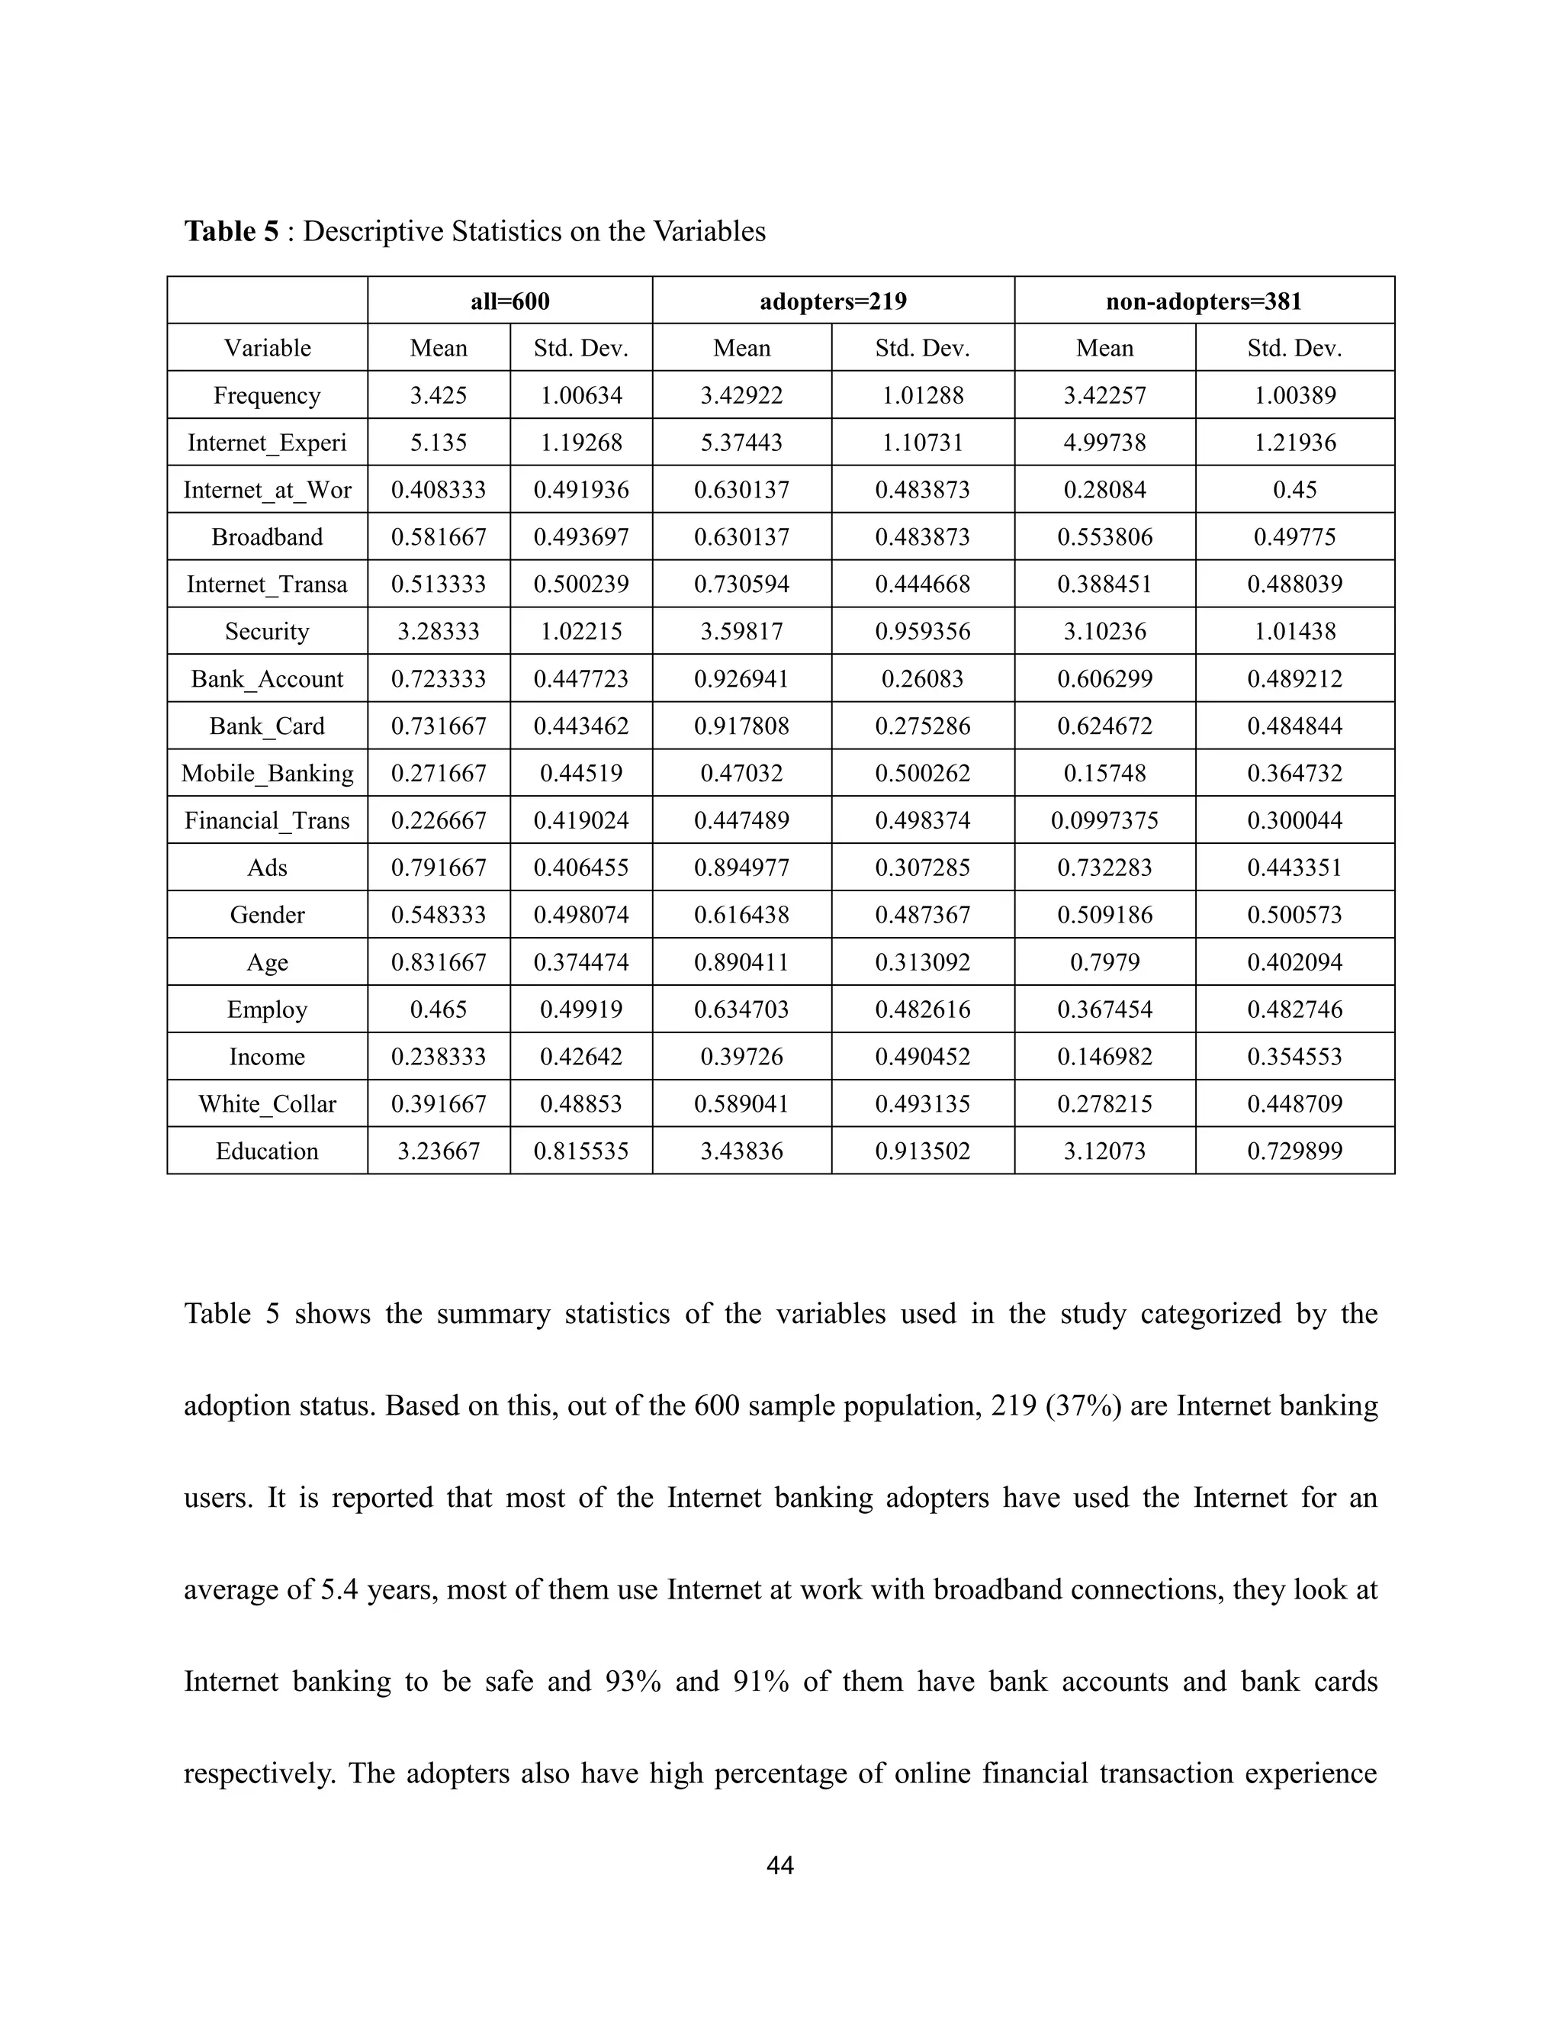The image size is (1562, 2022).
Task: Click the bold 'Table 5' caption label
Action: tap(230, 231)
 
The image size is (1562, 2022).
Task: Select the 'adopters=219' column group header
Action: tap(833, 302)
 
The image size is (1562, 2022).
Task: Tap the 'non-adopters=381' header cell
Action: tap(1203, 302)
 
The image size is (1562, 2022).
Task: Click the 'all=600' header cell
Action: tap(510, 302)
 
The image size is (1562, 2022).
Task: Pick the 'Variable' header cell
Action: tap(268, 349)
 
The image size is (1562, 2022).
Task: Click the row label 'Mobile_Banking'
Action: tap(268, 774)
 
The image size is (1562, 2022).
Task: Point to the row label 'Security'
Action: tap(268, 633)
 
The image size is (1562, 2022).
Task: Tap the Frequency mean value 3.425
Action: tap(439, 396)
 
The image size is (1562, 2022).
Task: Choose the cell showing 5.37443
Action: tap(741, 443)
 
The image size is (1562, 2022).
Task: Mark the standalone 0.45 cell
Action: tap(1294, 491)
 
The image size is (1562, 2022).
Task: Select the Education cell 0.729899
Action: tap(1294, 1151)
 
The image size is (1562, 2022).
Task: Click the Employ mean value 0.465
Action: tap(439, 1010)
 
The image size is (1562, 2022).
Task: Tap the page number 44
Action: tap(780, 1866)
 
